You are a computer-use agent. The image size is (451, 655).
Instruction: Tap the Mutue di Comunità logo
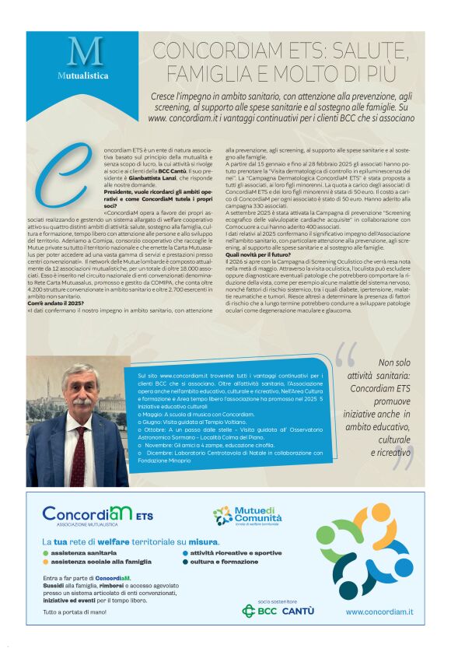(245, 516)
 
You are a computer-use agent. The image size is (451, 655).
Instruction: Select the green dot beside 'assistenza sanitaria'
(46, 552)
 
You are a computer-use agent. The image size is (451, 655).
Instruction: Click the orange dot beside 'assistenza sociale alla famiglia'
(46, 561)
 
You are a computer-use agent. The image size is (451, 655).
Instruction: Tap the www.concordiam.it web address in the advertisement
(379, 612)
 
